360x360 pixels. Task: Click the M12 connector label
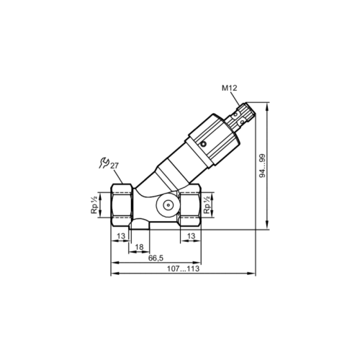pos(229,88)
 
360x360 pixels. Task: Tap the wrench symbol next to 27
pos(104,163)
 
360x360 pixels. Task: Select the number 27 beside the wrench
pos(114,166)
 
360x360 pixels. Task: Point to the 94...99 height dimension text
pos(263,166)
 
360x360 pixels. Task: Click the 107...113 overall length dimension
pos(184,269)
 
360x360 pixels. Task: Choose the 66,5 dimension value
pos(156,258)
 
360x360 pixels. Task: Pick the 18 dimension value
pos(139,247)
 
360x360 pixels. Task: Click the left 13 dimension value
pos(121,236)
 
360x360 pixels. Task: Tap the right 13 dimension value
pos(191,236)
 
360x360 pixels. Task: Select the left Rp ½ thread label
pos(94,204)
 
